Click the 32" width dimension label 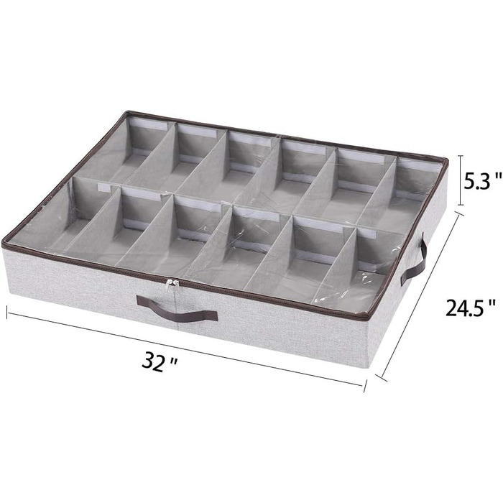tap(160, 362)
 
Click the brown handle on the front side tap(177, 308)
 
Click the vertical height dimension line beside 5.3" tap(461, 180)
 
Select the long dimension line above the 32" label tap(186, 349)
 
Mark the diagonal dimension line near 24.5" tap(422, 294)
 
